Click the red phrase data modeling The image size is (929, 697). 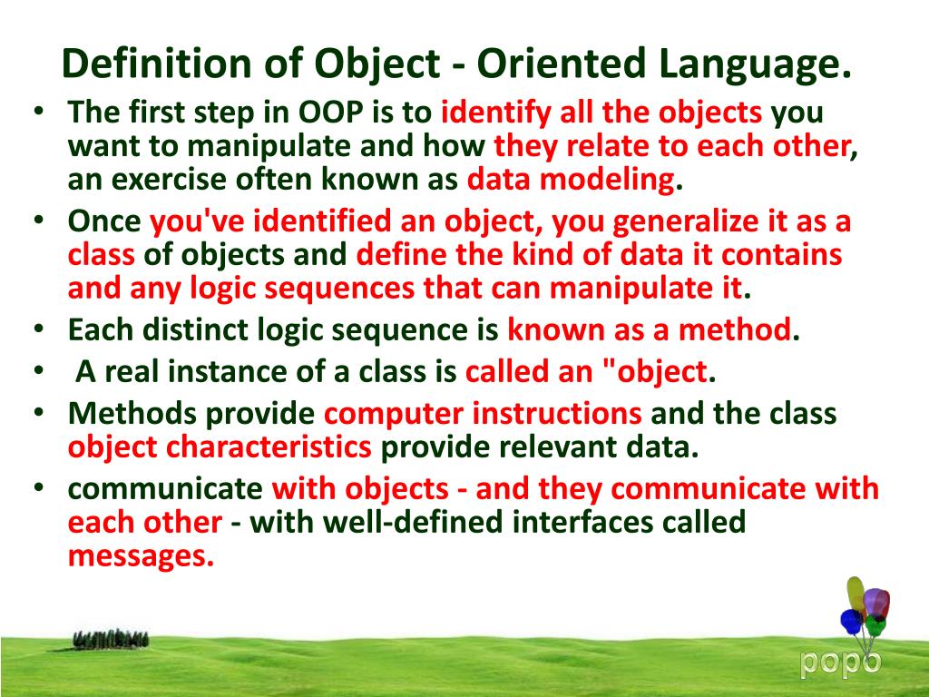click(571, 179)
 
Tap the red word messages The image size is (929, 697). click(140, 555)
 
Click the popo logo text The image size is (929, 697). click(839, 663)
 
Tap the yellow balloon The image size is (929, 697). click(856, 594)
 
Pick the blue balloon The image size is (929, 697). click(851, 622)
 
